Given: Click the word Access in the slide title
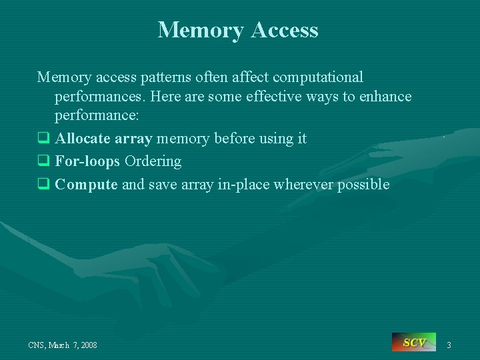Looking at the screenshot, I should click(x=286, y=30).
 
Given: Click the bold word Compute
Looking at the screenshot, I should click(x=87, y=185).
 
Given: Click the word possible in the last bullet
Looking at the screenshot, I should click(x=363, y=185).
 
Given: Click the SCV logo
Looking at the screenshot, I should click(x=414, y=343).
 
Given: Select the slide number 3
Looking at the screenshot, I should click(x=449, y=345).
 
